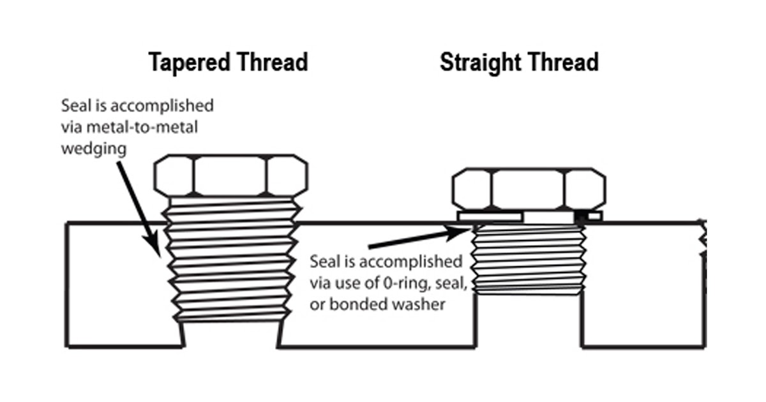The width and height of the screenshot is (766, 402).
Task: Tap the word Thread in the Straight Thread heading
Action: click(x=563, y=63)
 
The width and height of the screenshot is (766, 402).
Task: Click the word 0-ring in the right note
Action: click(x=393, y=283)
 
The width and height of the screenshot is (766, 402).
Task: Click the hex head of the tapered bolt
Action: click(x=230, y=175)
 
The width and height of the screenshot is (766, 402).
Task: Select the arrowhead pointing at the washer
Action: click(x=462, y=230)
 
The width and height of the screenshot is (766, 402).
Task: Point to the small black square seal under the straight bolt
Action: click(x=581, y=217)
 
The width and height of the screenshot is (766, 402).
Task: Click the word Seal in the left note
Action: click(x=74, y=105)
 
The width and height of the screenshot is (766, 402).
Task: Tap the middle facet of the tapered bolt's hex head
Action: click(x=230, y=175)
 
